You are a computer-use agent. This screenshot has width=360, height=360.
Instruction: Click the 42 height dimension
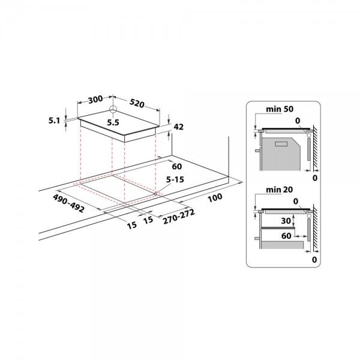[x=178, y=127]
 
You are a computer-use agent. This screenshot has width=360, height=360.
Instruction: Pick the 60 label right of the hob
[x=177, y=166]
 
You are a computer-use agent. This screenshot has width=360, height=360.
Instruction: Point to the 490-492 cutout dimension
[x=67, y=199]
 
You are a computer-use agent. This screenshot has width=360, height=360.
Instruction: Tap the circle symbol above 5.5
[x=113, y=110]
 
